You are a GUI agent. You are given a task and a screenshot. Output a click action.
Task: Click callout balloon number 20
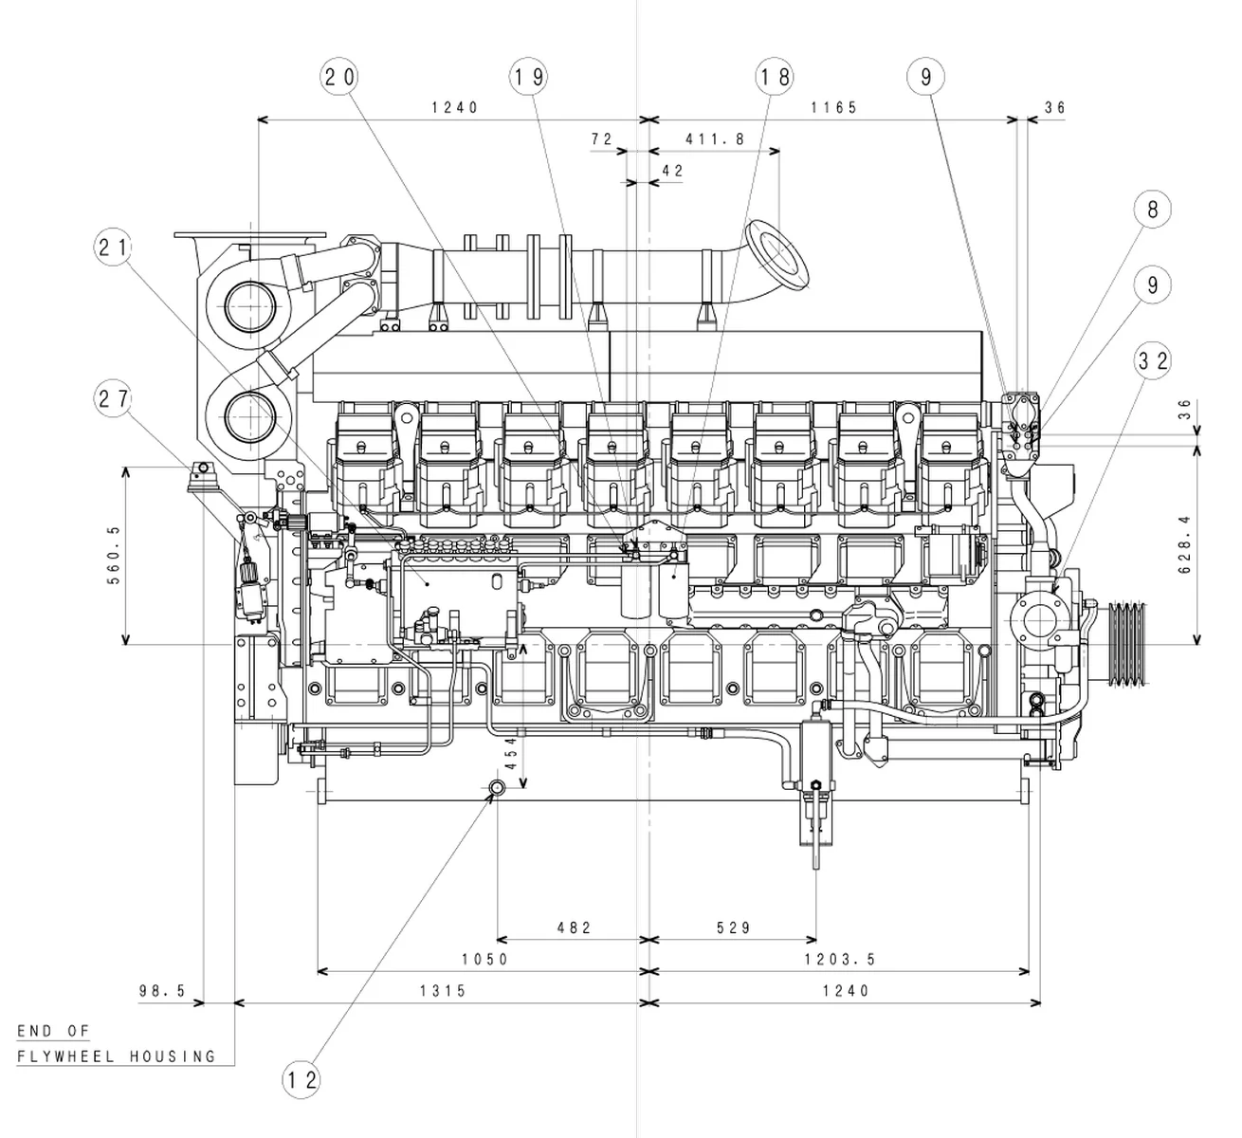pos(340,77)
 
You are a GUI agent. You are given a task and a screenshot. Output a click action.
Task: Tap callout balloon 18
pos(775,77)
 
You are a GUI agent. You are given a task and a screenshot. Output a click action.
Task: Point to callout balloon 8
pos(1152,209)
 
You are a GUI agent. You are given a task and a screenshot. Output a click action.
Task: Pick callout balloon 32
pos(1152,360)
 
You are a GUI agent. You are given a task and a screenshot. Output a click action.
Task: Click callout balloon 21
pos(113,248)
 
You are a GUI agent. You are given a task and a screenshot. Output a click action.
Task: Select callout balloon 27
pos(113,399)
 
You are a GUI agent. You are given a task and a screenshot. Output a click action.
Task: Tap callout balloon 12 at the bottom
pos(301,1079)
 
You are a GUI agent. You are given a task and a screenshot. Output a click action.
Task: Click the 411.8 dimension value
pos(715,139)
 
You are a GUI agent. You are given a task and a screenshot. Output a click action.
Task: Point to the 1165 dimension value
pos(833,108)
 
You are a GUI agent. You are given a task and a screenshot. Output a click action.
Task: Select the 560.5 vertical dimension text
pos(115,555)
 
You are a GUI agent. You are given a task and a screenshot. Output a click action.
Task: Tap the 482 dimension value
pos(573,927)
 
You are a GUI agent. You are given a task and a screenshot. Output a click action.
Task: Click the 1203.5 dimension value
pos(840,960)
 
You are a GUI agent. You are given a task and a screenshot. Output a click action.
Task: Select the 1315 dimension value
pos(443,991)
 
